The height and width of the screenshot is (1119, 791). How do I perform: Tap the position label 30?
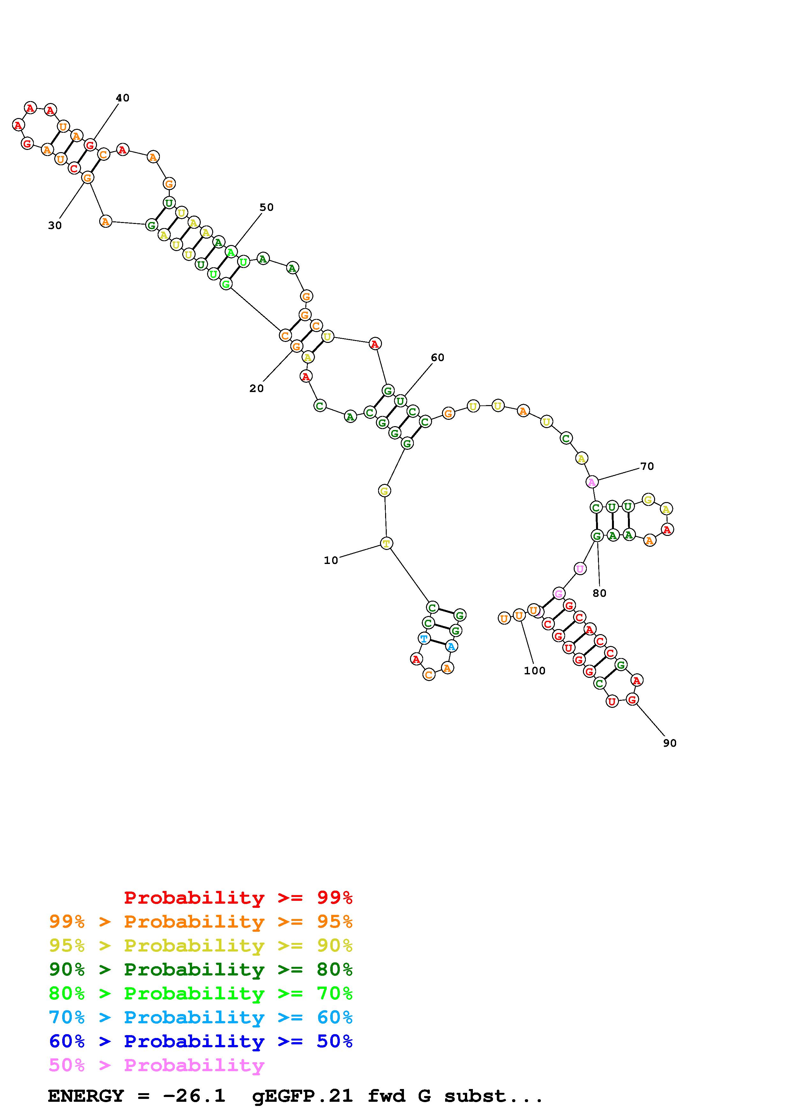click(55, 226)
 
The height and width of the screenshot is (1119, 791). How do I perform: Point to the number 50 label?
click(266, 207)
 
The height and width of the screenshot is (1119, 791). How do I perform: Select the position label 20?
click(256, 389)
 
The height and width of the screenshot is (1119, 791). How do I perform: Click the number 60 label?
click(438, 358)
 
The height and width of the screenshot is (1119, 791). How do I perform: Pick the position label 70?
click(647, 466)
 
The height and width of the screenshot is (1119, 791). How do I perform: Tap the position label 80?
click(600, 593)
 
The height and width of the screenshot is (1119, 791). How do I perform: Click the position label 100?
click(535, 671)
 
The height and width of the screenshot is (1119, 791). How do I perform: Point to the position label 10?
click(331, 560)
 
